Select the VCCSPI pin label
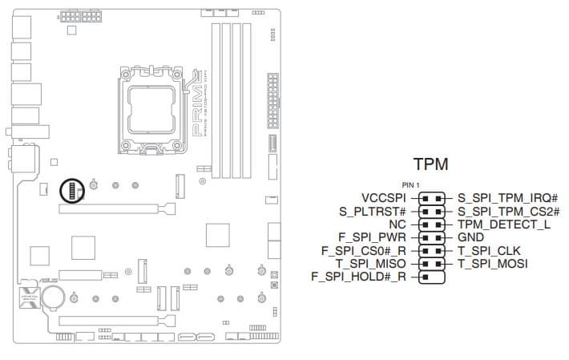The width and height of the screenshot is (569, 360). [384, 196]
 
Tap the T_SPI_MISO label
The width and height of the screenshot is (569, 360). [372, 263]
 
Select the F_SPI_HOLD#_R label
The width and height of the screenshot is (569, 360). [357, 277]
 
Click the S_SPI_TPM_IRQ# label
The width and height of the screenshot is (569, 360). [507, 196]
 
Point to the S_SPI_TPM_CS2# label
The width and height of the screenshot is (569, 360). [508, 211]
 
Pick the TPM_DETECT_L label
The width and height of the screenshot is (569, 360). [503, 224]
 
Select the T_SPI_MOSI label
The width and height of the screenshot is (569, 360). [493, 263]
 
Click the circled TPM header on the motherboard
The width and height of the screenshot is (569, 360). [71, 190]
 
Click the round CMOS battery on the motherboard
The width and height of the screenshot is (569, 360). [54, 298]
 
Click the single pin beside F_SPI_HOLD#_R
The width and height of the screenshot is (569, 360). [426, 277]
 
